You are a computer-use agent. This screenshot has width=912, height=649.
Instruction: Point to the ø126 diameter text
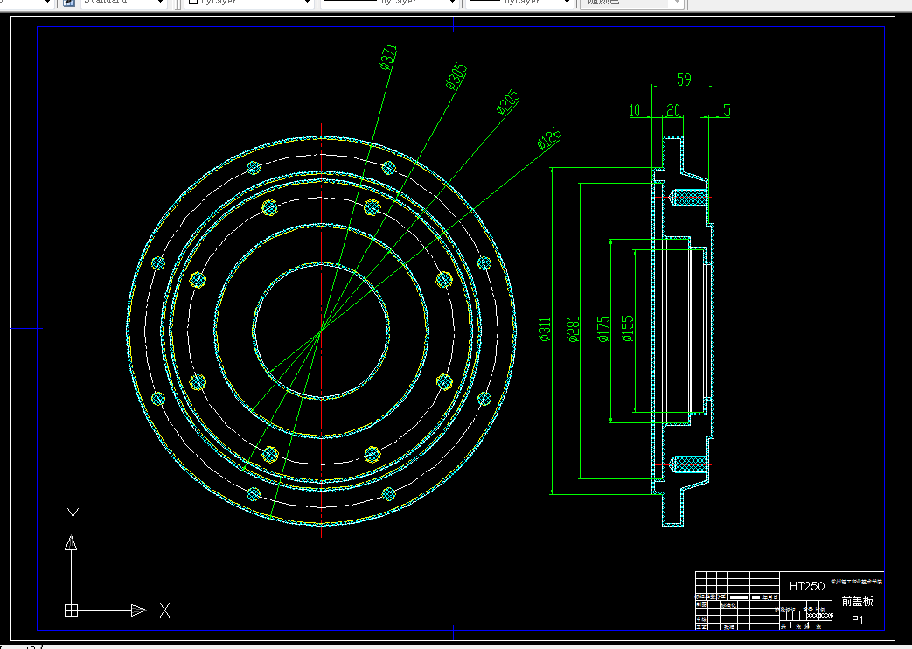tap(548, 138)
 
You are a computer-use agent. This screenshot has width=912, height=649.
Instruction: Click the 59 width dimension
tap(684, 80)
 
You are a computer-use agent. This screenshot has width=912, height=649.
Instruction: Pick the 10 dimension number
tap(635, 111)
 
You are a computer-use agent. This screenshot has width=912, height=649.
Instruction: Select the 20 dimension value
tap(673, 111)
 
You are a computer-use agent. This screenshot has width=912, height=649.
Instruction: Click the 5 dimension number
tap(727, 111)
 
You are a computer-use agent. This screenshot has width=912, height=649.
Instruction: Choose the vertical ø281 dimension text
tap(574, 330)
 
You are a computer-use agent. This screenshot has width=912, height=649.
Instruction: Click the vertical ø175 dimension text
tap(602, 330)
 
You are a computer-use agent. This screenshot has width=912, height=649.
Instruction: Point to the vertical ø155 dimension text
tap(626, 329)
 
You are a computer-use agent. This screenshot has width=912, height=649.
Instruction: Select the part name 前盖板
tap(857, 601)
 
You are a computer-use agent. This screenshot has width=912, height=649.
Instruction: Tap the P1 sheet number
tap(858, 620)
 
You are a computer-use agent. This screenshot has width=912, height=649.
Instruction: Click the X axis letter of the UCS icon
tap(164, 611)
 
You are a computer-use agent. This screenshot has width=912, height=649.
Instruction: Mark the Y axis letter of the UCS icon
tap(73, 516)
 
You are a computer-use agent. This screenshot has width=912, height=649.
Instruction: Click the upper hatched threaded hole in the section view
tap(686, 198)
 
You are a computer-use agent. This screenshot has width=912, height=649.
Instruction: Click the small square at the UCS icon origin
tap(72, 611)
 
